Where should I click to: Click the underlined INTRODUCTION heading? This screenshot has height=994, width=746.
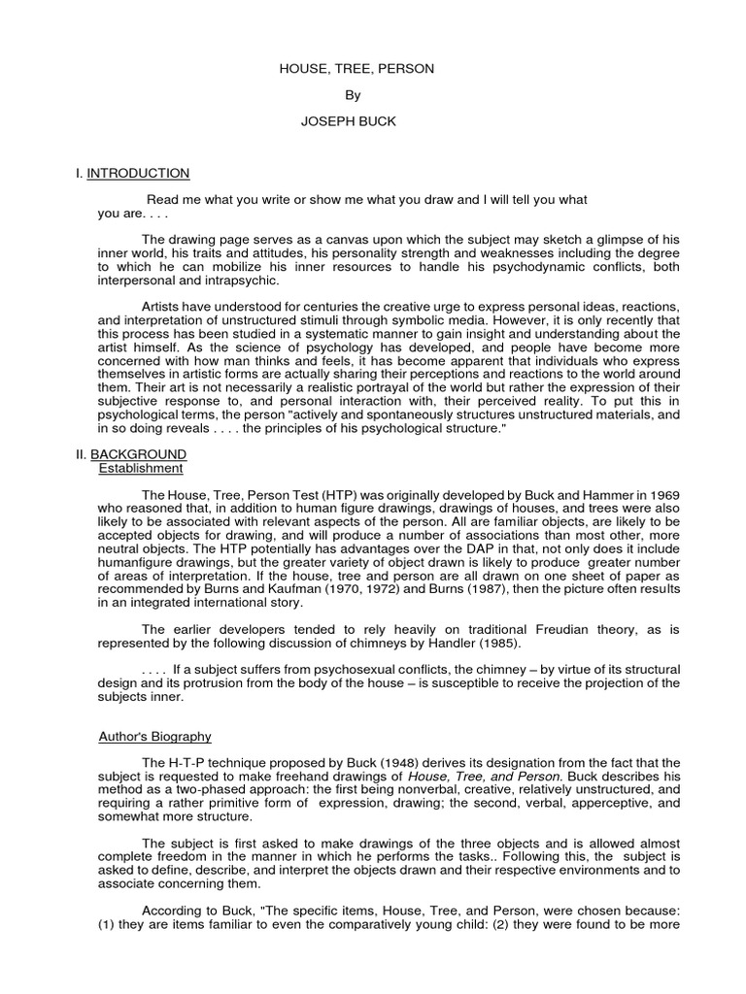click(138, 174)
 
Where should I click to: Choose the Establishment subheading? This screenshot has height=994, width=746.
click(141, 468)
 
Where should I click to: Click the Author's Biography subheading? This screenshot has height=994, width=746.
click(155, 737)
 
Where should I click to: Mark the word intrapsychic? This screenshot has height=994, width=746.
click(246, 281)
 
